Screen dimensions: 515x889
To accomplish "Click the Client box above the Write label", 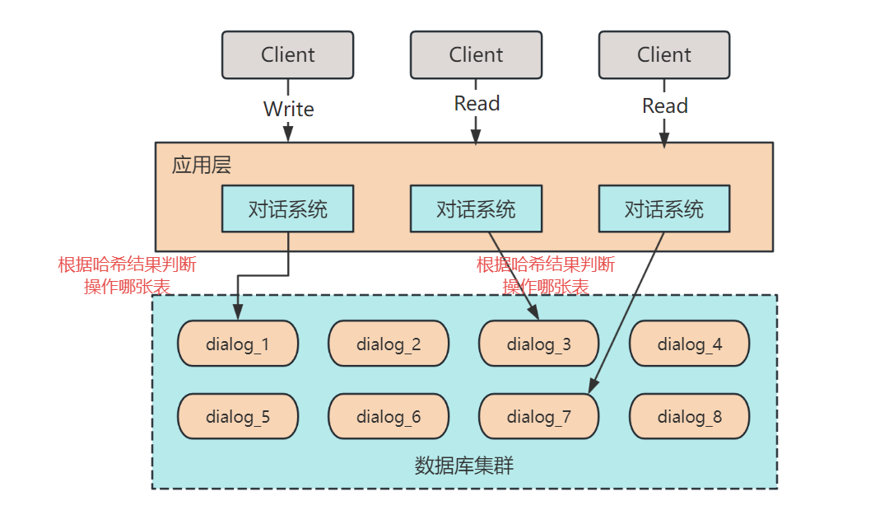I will (x=287, y=55).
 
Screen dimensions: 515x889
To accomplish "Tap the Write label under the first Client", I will (x=288, y=109).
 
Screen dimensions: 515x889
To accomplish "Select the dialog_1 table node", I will (x=238, y=344).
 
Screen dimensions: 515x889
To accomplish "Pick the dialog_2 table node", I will (x=389, y=344).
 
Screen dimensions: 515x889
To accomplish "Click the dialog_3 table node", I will (x=539, y=344).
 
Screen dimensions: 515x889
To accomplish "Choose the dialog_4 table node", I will (x=690, y=344).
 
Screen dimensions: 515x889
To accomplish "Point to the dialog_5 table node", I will (x=238, y=416).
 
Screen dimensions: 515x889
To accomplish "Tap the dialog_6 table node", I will (x=389, y=416).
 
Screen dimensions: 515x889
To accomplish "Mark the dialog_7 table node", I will (x=539, y=416).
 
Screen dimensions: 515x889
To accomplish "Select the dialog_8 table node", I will (x=690, y=416).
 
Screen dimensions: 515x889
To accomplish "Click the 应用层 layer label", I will (x=201, y=165).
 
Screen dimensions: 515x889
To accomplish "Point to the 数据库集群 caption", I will (x=464, y=465).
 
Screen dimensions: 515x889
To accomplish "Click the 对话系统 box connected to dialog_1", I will (x=287, y=208).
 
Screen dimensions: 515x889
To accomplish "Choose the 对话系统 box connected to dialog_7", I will (x=663, y=208).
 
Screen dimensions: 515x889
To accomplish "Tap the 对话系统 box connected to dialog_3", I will (x=476, y=208).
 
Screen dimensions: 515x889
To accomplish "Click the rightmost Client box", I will (x=663, y=55).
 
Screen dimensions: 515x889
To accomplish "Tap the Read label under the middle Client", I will (x=477, y=104).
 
